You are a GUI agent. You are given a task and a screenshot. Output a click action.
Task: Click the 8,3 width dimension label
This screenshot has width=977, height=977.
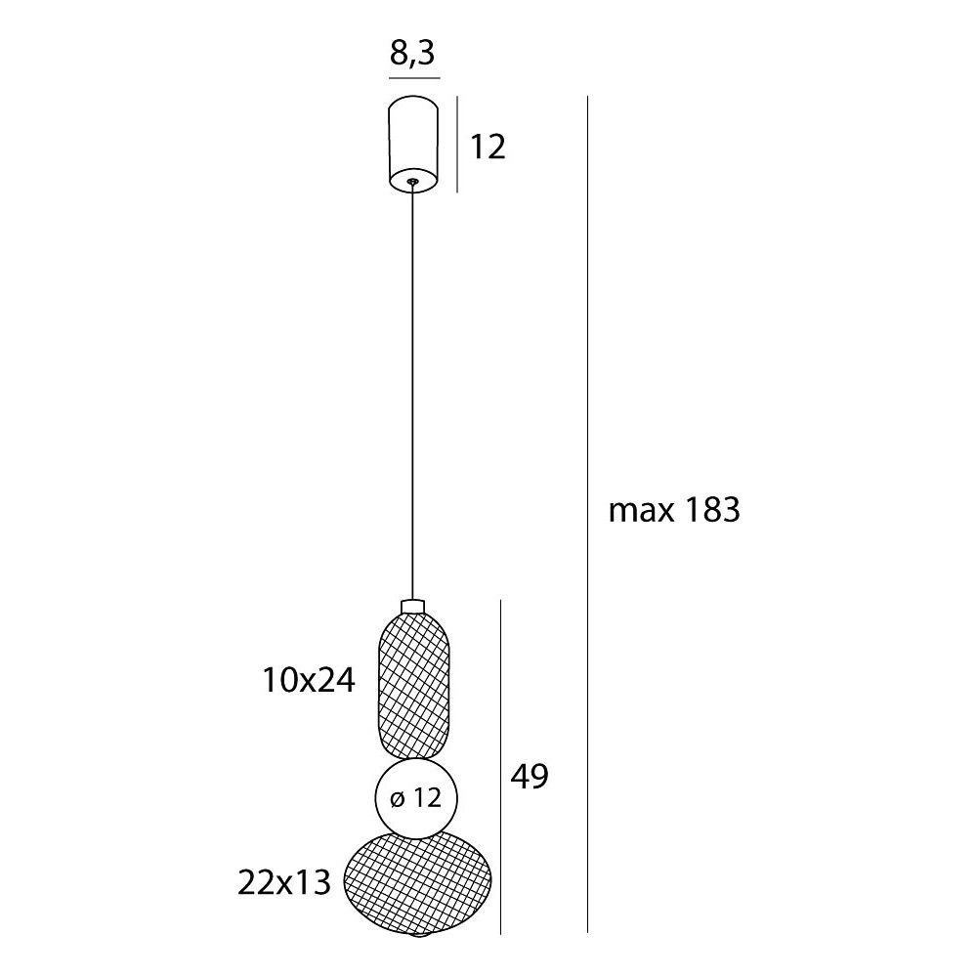412,53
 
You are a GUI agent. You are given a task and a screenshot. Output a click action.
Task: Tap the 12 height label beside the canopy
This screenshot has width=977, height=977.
488,148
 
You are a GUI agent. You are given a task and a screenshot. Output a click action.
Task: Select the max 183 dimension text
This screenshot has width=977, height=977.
674,510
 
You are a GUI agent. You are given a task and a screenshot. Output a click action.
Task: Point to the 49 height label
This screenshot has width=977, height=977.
530,777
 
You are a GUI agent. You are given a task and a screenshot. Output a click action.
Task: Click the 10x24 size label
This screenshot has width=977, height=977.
309,680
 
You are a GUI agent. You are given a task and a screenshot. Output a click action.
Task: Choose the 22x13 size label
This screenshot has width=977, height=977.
284,882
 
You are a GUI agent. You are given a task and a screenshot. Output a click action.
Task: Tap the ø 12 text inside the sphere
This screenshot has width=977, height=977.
416,797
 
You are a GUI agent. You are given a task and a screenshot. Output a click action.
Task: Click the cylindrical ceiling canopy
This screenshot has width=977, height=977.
412,143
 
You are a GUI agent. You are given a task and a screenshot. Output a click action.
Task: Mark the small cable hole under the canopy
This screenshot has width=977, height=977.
412,182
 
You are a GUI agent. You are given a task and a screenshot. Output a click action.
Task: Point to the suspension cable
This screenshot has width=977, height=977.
412,392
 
